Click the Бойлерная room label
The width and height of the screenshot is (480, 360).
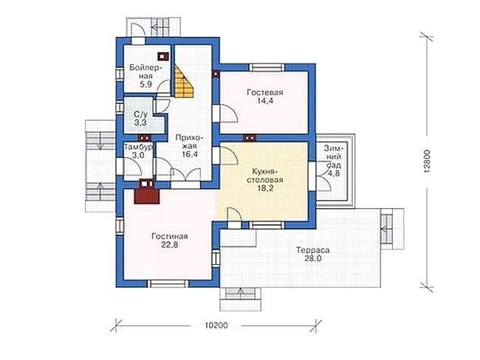(x=145, y=72)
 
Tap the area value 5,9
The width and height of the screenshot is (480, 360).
(x=146, y=85)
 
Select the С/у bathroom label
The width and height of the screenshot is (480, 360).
(x=140, y=114)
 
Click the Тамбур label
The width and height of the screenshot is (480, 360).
(x=138, y=148)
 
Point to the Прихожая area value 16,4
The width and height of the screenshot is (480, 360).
(x=190, y=154)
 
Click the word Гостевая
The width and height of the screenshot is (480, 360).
(x=265, y=92)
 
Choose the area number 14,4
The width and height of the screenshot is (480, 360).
(x=265, y=100)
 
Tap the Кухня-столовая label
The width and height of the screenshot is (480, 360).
(x=265, y=176)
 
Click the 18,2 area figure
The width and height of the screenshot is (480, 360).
(x=265, y=188)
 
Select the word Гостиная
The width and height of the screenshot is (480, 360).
(x=170, y=236)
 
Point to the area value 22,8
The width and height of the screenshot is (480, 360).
(x=170, y=245)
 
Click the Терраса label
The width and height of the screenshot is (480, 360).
(x=312, y=250)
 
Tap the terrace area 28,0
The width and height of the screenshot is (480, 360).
(x=312, y=258)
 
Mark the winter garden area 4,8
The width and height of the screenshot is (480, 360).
(x=335, y=174)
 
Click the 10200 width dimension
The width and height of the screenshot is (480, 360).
(x=216, y=325)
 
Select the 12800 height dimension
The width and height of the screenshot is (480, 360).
(x=428, y=162)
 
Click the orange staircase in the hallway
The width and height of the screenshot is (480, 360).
(x=184, y=82)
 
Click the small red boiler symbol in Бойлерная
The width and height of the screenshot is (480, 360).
(x=163, y=56)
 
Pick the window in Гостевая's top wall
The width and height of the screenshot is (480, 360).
(x=265, y=67)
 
